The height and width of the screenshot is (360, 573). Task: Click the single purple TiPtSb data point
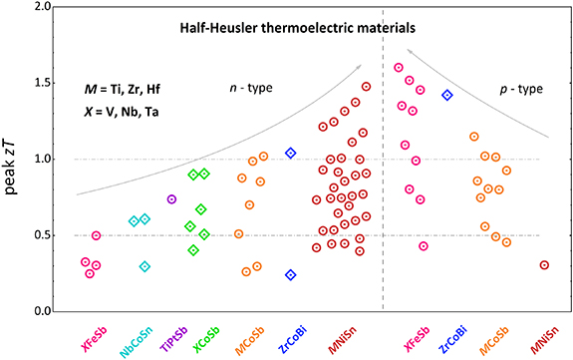(171, 199)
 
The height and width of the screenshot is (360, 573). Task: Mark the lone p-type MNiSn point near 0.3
(544, 265)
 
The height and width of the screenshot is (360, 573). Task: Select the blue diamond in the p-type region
(447, 96)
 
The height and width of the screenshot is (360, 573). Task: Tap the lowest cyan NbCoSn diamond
(144, 266)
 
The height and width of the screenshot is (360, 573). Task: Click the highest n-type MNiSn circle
(366, 87)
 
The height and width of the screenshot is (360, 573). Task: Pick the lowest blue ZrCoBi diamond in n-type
(291, 275)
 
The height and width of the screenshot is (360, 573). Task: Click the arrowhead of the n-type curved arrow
(359, 66)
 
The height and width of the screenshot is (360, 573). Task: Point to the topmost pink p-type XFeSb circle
(399, 68)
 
